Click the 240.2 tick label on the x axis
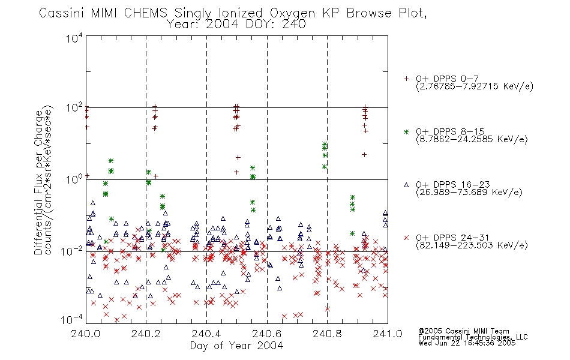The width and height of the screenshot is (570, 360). point(146,334)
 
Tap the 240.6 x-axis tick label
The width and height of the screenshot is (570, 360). point(267,334)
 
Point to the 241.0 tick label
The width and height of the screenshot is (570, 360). point(388,334)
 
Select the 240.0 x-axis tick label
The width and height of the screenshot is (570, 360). point(86,334)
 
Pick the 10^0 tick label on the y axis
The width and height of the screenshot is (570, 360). point(74,179)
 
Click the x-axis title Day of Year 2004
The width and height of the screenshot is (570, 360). point(236,346)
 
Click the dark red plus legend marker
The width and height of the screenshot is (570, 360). point(406,79)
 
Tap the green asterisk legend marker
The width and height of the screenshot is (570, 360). point(406,131)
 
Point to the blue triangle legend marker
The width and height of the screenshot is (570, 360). point(406,185)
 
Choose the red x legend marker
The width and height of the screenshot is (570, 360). point(406,238)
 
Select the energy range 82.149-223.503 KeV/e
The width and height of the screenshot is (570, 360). point(472,245)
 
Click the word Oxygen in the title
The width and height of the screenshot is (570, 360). point(292,13)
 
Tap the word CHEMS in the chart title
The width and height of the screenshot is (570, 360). point(146,13)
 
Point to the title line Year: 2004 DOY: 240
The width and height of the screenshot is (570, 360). point(236,25)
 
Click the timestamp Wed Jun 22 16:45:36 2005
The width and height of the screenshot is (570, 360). point(467,343)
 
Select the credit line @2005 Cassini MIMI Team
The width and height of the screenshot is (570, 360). point(463,331)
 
